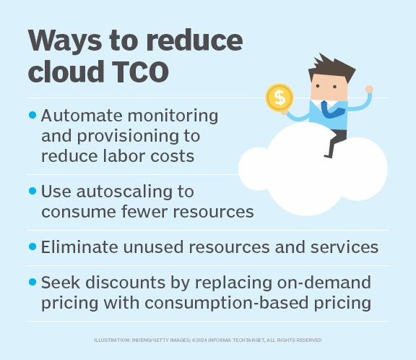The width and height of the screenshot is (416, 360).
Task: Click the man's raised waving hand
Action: click(368, 90)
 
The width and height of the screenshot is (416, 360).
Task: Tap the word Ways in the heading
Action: click(64, 41)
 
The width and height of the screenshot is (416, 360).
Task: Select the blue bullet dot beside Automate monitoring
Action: click(32, 115)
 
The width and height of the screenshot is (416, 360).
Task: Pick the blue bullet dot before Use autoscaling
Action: click(32, 192)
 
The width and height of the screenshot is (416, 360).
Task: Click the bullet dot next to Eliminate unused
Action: click(32, 247)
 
